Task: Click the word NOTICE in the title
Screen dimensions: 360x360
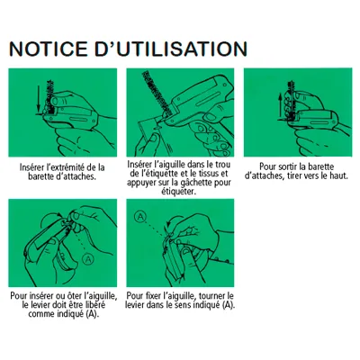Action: click(x=49, y=49)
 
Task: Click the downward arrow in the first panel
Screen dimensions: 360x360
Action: click(x=38, y=98)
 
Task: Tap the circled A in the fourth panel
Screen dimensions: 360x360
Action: click(x=88, y=258)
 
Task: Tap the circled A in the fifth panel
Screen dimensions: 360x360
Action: click(x=140, y=217)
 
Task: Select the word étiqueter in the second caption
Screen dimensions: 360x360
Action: click(x=179, y=192)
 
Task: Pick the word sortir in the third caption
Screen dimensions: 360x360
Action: click(x=288, y=166)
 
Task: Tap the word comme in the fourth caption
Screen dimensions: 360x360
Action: click(x=41, y=314)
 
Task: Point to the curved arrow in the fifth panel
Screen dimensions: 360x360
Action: click(x=172, y=220)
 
